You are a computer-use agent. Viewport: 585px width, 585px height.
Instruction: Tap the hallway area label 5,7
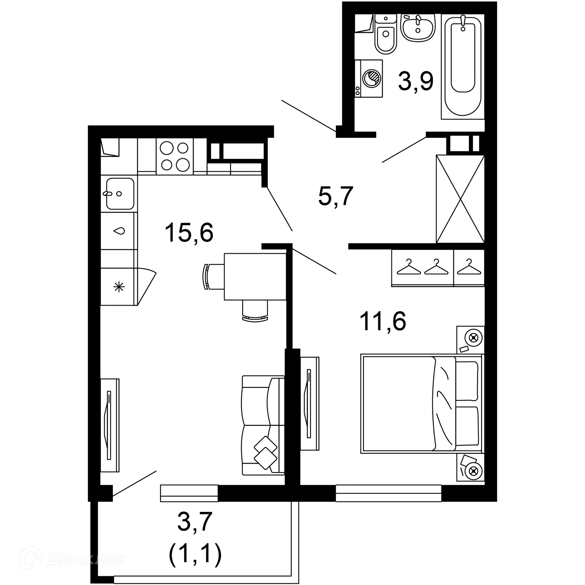coord(335,197)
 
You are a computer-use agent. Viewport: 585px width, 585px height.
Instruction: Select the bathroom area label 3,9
coord(416,82)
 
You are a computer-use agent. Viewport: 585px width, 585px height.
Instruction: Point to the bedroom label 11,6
coord(383,321)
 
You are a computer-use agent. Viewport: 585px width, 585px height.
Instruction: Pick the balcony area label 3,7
coord(195,522)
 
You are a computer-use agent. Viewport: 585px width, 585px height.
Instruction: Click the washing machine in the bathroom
coord(369,79)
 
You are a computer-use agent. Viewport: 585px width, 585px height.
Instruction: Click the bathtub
coord(463,66)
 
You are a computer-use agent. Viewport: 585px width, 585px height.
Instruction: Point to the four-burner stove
coord(175,157)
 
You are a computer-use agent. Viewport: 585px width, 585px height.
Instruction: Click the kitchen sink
coord(120,194)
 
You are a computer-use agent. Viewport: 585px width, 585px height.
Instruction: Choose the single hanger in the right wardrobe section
coord(469,267)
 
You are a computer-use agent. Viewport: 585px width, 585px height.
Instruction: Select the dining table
coord(255,277)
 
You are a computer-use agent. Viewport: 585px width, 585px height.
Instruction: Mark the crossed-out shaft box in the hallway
coord(460,199)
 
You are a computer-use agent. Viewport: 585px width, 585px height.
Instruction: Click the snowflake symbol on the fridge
coord(119,287)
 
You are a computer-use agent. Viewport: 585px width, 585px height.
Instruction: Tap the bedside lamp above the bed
coord(473,338)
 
